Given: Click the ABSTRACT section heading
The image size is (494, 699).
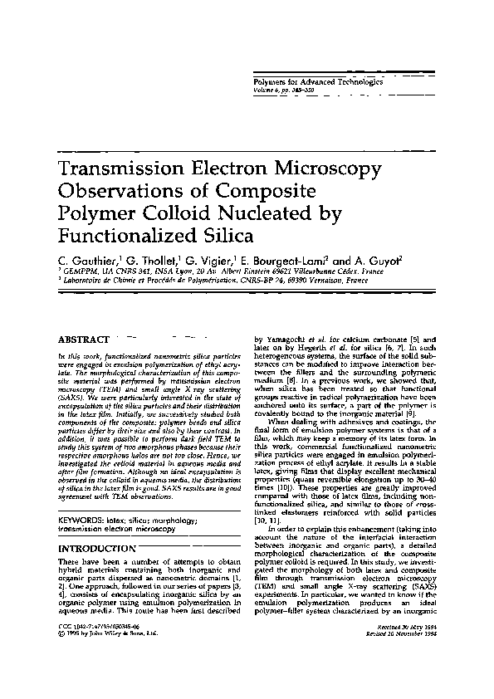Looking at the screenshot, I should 84,340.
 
